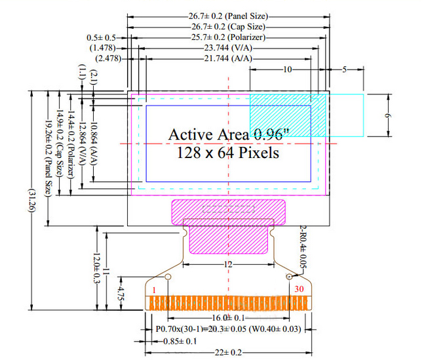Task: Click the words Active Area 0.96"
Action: tap(229, 134)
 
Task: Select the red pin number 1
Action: tap(153, 289)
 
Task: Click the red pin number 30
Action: tap(300, 289)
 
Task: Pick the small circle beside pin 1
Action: tap(168, 278)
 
